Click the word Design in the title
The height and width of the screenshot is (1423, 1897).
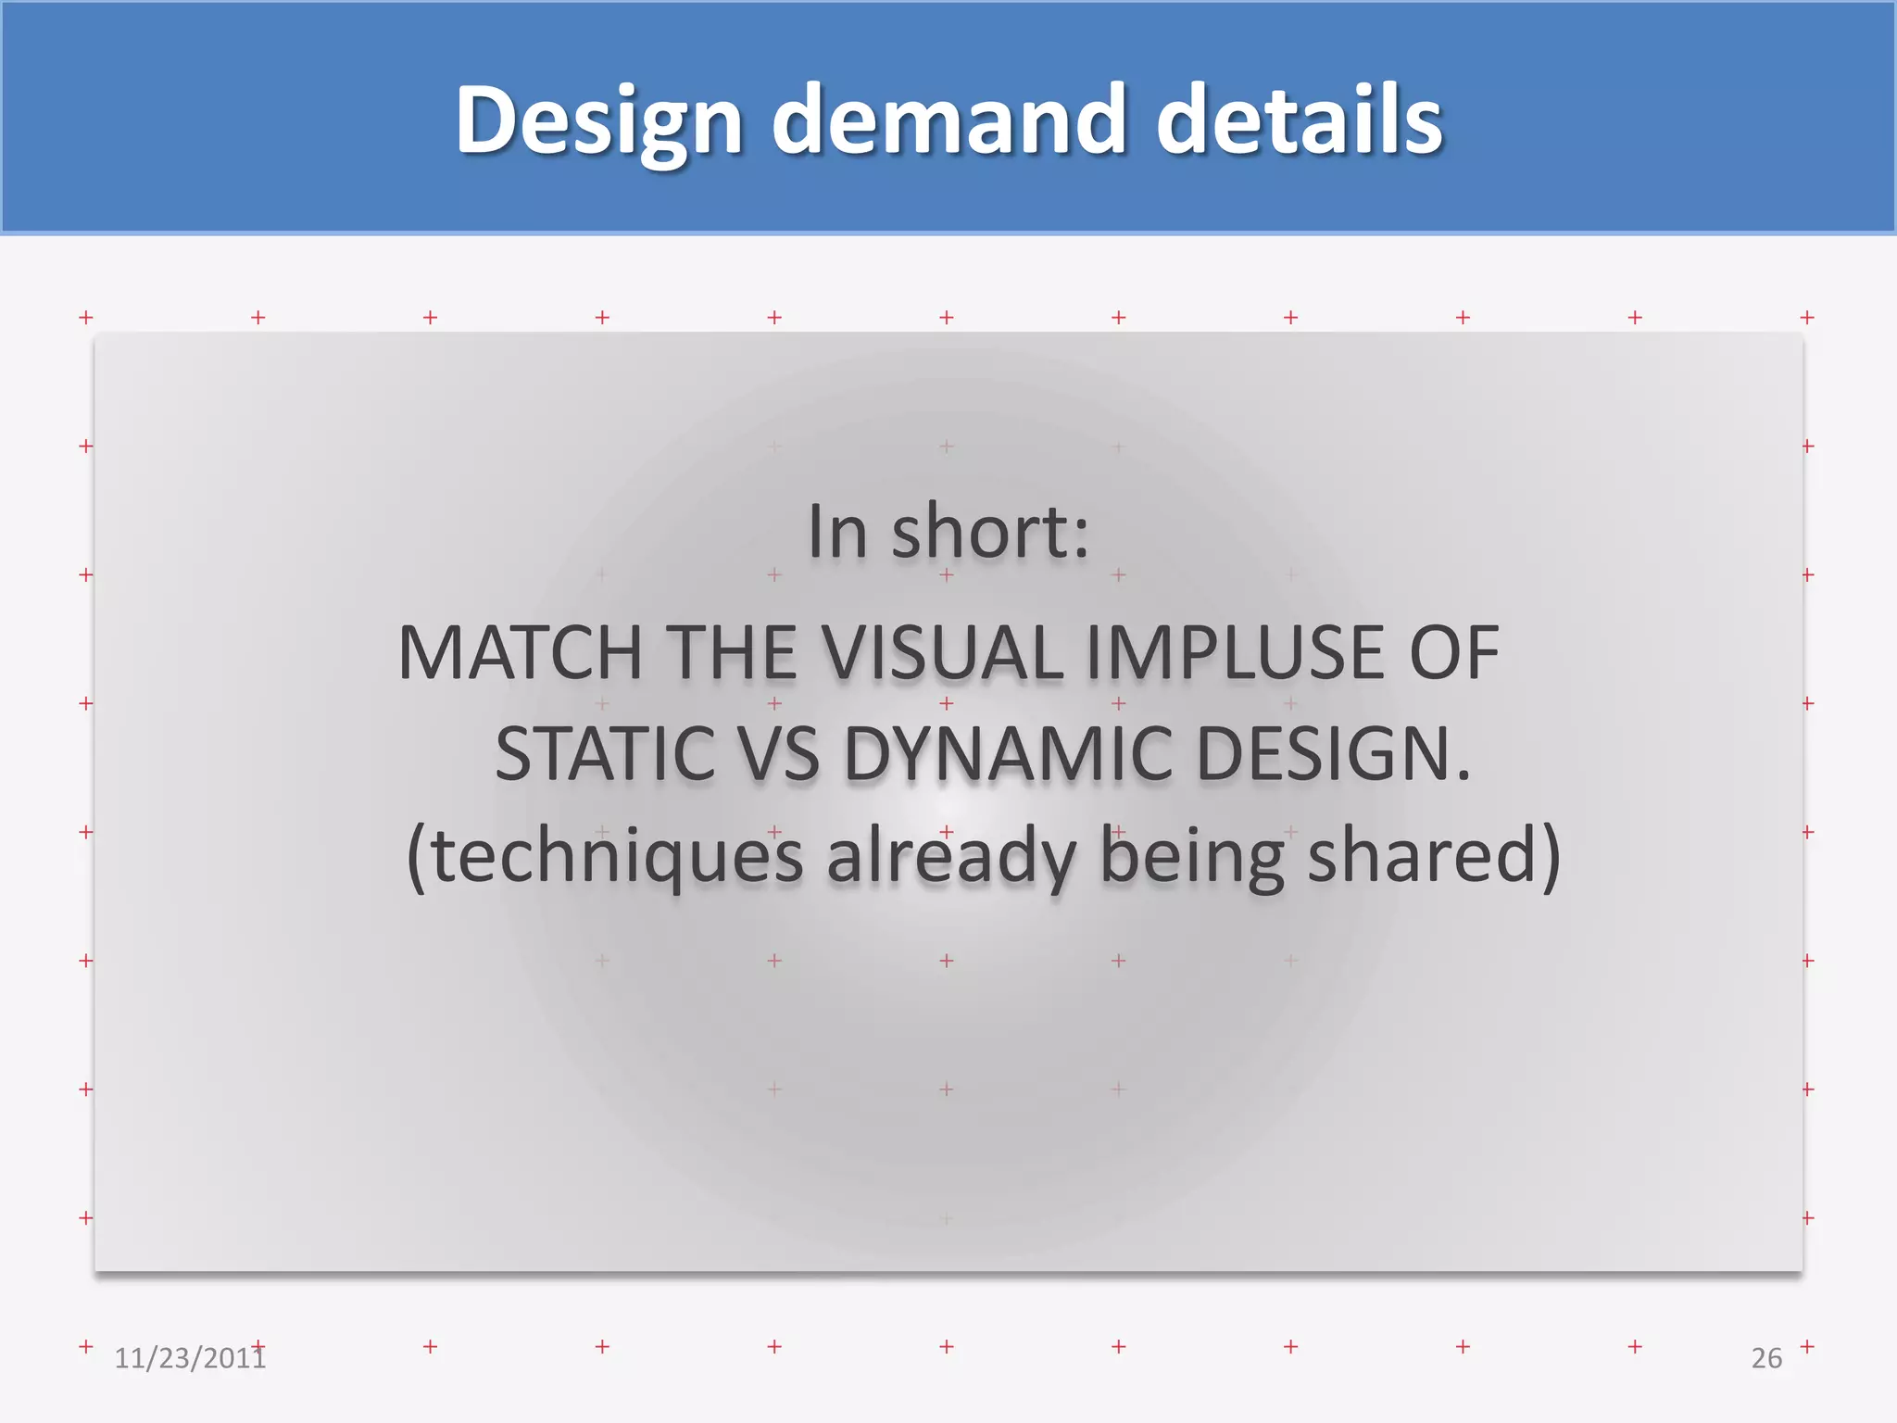[x=598, y=120]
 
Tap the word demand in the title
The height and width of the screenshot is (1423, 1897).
[x=948, y=120]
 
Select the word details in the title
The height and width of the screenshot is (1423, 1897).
[x=1299, y=120]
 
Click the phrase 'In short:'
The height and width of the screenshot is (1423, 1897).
[x=948, y=532]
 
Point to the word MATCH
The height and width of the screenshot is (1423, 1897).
[x=520, y=653]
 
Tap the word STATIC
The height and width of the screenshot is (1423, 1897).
[x=604, y=754]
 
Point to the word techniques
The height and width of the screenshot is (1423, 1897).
[x=616, y=856]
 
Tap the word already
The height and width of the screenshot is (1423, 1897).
[x=950, y=856]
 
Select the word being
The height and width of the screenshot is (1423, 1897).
[x=1191, y=856]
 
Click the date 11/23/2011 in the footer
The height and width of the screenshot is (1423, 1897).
[x=189, y=1358]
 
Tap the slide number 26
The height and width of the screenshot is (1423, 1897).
[x=1766, y=1358]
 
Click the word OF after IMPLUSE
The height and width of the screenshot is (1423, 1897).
[x=1453, y=653]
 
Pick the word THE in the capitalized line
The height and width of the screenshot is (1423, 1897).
[x=731, y=653]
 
